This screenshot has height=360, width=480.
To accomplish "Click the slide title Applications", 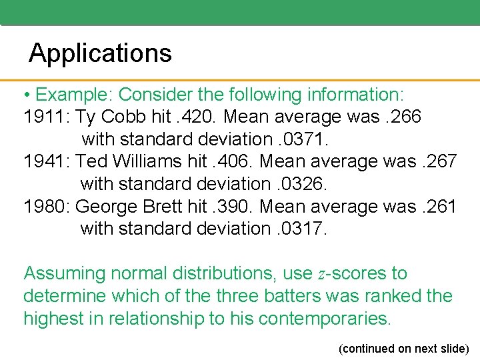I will click(100, 53).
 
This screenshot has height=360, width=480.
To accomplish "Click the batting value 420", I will click(201, 117).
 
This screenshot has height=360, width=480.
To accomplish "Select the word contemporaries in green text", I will click(323, 318).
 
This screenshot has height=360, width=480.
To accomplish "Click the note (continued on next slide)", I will click(404, 349).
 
